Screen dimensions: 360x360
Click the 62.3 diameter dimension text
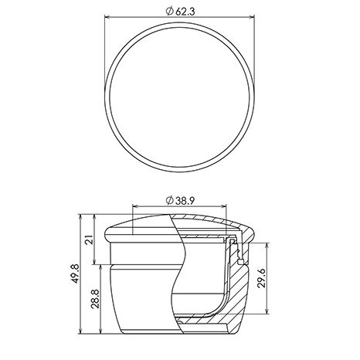tap(185, 12)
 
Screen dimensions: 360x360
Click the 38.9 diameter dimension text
tap(185, 201)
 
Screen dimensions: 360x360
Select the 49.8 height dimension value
tap(74, 273)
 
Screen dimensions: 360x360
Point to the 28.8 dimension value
tap(95, 299)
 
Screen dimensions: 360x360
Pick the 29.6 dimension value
tap(262, 278)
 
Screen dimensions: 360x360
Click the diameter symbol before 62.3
tap(169, 12)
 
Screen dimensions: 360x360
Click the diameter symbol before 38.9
tap(169, 201)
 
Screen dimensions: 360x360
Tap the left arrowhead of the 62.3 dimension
tap(107, 17)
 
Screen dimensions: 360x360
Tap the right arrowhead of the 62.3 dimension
tap(252, 17)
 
